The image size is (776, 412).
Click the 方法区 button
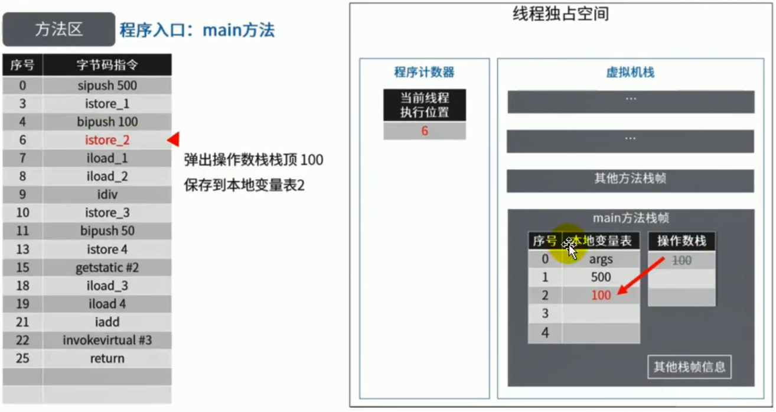click(x=58, y=30)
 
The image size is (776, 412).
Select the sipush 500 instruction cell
click(x=107, y=86)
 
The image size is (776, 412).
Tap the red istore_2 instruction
click(x=107, y=140)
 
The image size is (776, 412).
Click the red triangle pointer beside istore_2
click(x=173, y=140)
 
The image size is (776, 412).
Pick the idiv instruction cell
click(x=107, y=194)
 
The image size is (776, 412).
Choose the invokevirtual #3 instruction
click(x=107, y=340)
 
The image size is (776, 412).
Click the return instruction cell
click(x=107, y=358)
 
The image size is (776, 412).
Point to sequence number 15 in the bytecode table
click(x=22, y=268)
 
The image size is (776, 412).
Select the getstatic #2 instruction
click(x=107, y=268)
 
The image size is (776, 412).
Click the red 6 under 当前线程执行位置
click(x=424, y=131)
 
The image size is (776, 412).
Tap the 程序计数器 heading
click(x=424, y=73)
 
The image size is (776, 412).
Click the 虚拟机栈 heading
click(x=630, y=73)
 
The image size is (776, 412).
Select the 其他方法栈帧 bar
click(x=630, y=179)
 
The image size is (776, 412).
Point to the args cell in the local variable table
click(x=601, y=259)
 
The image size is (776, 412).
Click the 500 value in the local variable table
click(x=601, y=277)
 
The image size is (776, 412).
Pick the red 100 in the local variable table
click(x=601, y=296)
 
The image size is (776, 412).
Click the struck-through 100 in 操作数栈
click(x=682, y=260)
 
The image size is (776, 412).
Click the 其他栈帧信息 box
click(x=689, y=366)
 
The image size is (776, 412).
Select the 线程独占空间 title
click(x=560, y=14)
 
